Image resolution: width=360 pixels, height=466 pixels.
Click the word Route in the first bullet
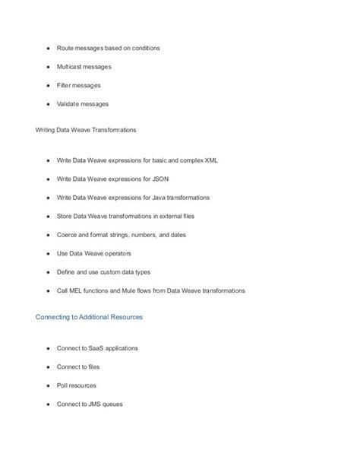pyautogui.click(x=65, y=49)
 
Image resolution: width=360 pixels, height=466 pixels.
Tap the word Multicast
pyautogui.click(x=71, y=67)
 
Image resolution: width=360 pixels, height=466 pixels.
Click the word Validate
pyautogui.click(x=69, y=103)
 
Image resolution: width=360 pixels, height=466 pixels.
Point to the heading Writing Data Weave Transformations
pyautogui.click(x=86, y=130)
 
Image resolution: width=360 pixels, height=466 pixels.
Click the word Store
pyautogui.click(x=65, y=216)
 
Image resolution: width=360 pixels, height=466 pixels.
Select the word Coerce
pyautogui.click(x=68, y=235)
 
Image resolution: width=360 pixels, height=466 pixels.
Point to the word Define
pyautogui.click(x=67, y=271)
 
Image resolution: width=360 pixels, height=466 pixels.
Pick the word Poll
pyautogui.click(x=62, y=385)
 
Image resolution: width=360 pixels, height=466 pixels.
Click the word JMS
pyautogui.click(x=96, y=403)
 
